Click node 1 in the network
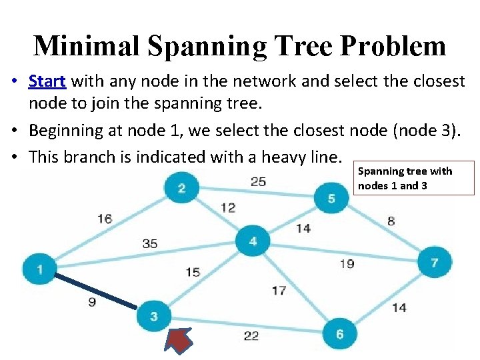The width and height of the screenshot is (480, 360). pos(40,269)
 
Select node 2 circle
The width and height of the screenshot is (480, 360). pos(181,189)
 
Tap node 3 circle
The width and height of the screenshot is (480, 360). pos(154,315)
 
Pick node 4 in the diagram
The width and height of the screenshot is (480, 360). pos(253,241)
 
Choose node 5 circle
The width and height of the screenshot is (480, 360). pos(331,198)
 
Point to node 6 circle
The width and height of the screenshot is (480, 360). pos(339,333)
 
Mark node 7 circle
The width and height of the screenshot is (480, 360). pos(434,262)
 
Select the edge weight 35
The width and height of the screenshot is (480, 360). pos(150,243)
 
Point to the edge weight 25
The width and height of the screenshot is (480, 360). pos(258,181)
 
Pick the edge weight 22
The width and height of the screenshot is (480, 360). pos(251,335)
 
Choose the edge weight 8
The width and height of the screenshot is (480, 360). pos(391,221)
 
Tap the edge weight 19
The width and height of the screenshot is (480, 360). pos(347,264)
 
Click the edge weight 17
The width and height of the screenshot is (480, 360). pos(279,290)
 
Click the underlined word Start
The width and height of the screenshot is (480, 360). pos(47,81)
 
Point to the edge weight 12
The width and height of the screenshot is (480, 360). pos(228,207)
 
